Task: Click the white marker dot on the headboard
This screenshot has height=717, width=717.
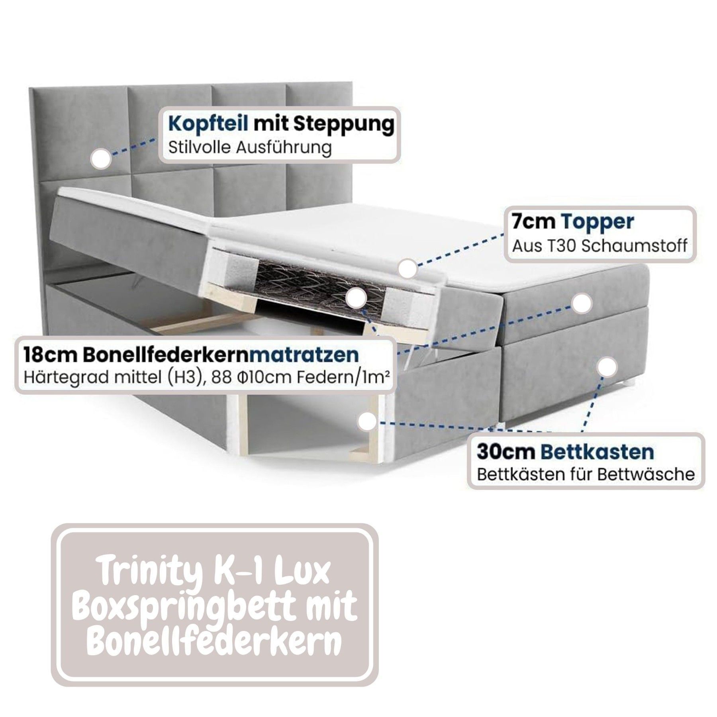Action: [101, 158]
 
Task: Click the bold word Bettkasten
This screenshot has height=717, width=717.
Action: [597, 452]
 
